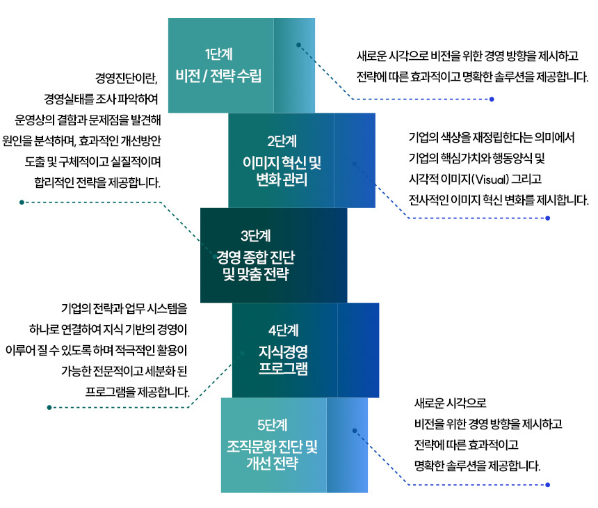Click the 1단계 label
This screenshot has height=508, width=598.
(218, 54)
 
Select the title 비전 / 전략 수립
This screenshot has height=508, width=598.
(218, 76)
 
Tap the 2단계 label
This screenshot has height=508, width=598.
(282, 141)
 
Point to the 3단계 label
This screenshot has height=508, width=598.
(255, 236)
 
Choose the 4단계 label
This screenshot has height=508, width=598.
(284, 331)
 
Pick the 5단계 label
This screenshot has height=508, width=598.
(273, 425)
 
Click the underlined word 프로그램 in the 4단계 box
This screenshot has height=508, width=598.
(283, 369)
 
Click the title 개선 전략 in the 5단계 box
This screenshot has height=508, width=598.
(272, 463)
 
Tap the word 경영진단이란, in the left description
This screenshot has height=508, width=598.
(127, 78)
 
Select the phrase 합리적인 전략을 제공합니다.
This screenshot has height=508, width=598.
(97, 183)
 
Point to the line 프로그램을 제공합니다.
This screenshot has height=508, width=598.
(137, 392)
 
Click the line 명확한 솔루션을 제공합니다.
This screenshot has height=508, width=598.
(477, 466)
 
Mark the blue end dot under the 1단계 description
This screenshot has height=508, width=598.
(492, 100)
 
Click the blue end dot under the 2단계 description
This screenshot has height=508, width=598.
(548, 219)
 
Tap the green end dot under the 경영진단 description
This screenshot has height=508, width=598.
(22, 203)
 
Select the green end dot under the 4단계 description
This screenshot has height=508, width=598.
(49, 408)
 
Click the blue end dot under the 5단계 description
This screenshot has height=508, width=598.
(548, 485)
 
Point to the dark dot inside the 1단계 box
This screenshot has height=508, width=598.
(298, 45)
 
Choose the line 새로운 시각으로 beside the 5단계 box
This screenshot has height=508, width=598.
(451, 403)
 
